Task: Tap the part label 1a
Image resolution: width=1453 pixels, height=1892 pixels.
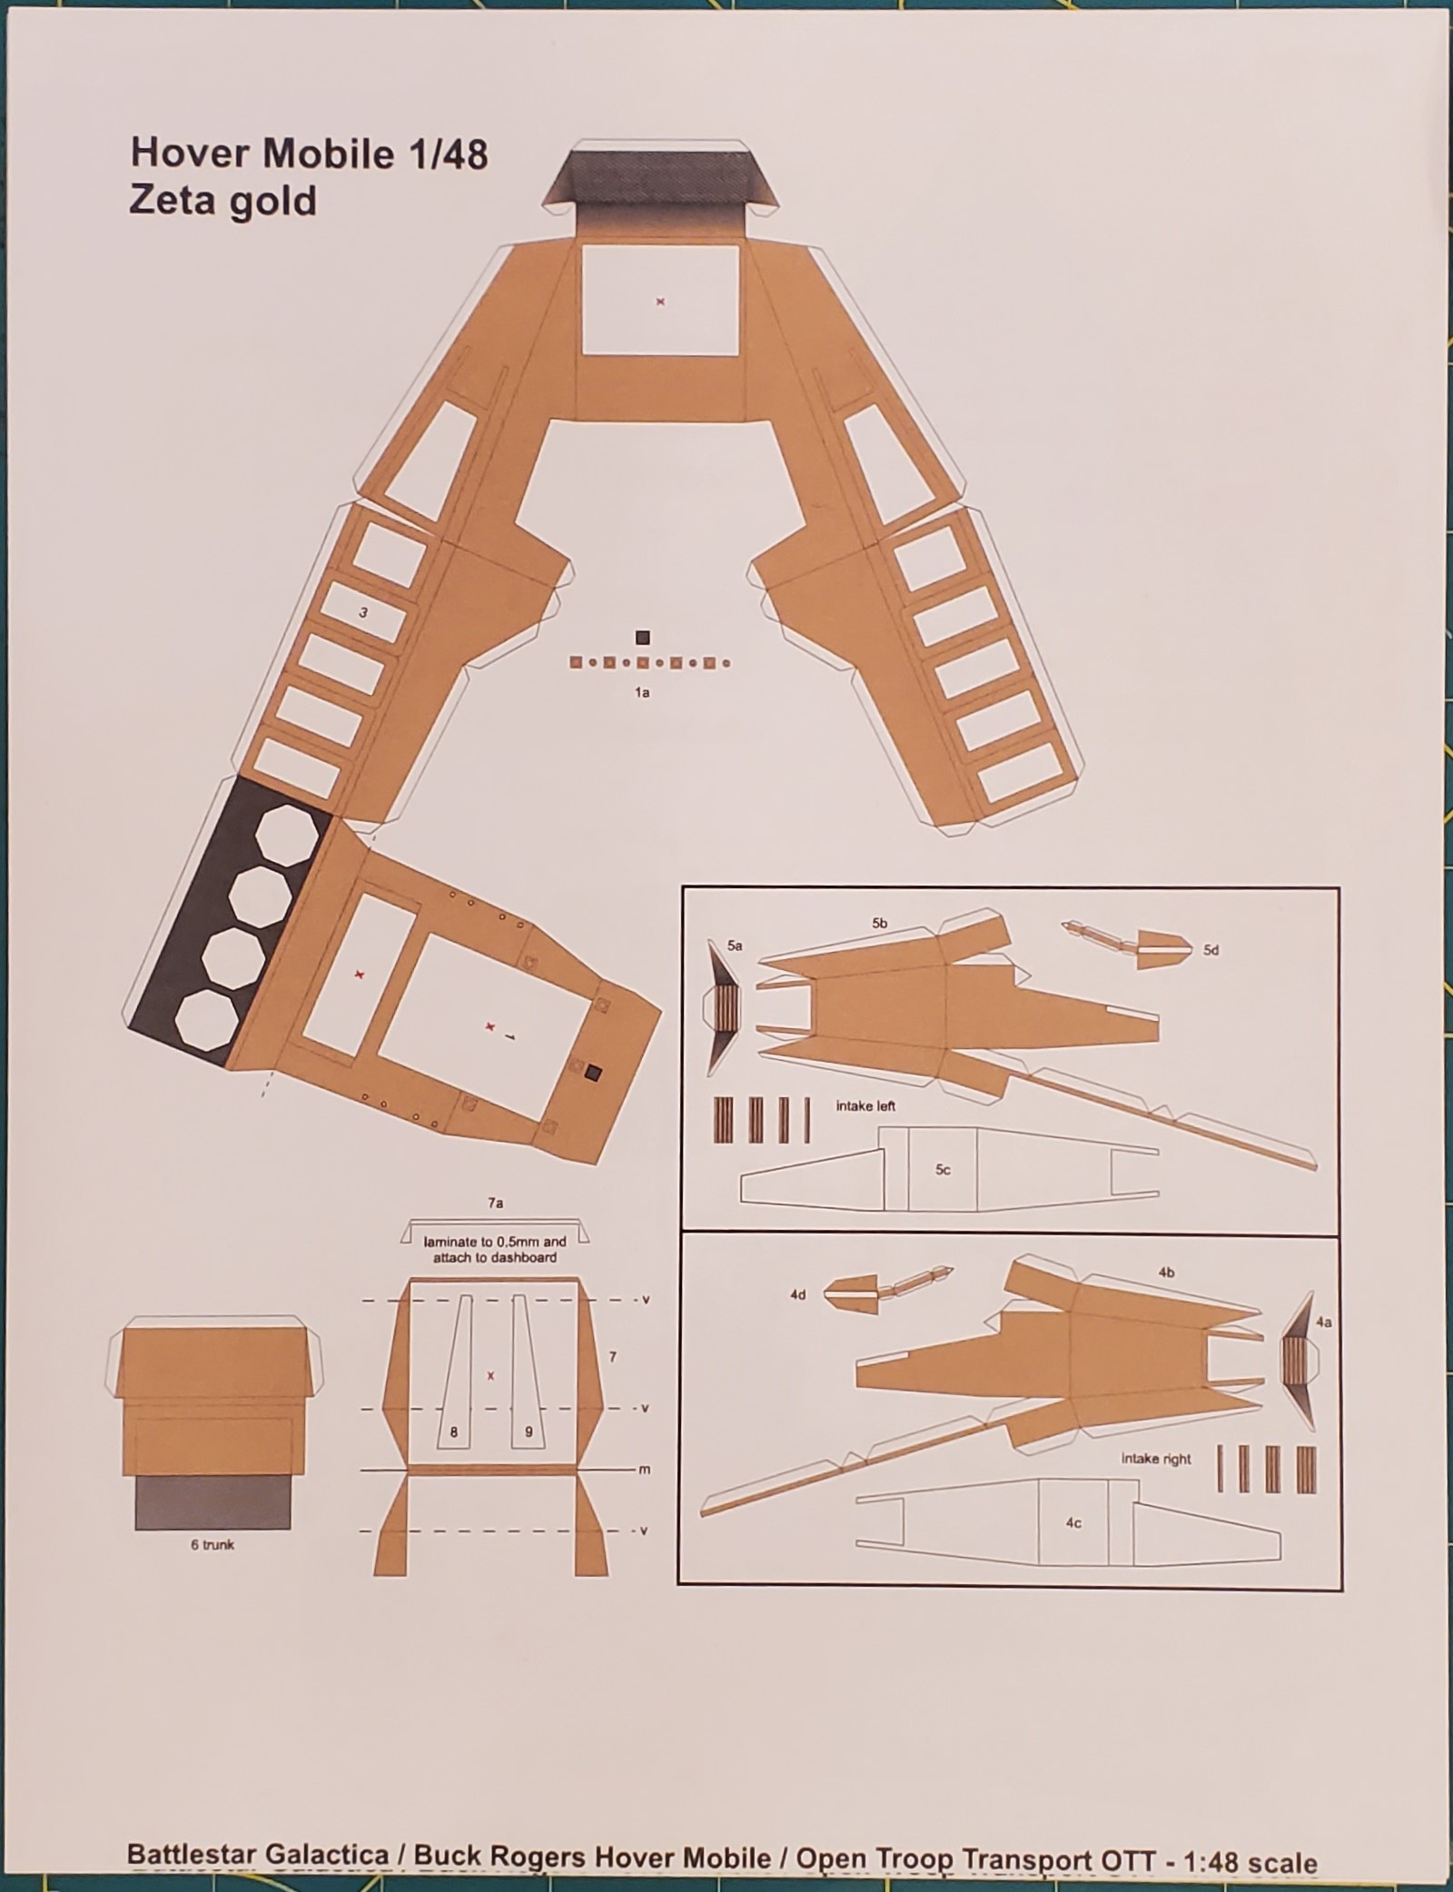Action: (x=642, y=693)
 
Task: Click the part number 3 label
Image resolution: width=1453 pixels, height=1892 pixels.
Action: (x=363, y=613)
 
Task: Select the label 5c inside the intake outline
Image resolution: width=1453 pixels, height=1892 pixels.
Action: (x=943, y=1170)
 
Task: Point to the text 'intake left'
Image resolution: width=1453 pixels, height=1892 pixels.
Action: (x=865, y=1106)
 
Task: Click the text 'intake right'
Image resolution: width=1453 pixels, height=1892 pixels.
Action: (x=1156, y=1459)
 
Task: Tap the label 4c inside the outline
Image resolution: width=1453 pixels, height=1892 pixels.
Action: (x=1073, y=1523)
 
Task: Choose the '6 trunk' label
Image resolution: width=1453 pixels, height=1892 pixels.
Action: (x=213, y=1544)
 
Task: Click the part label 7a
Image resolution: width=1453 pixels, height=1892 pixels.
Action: (x=495, y=1203)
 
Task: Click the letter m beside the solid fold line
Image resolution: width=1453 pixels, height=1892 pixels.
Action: (x=645, y=1470)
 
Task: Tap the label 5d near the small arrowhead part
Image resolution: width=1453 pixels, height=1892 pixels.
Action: (x=1211, y=950)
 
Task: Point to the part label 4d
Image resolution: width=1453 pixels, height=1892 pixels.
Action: (x=797, y=1294)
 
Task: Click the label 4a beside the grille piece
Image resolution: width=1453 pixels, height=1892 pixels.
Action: (x=1323, y=1322)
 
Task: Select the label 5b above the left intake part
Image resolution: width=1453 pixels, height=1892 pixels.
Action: (x=879, y=923)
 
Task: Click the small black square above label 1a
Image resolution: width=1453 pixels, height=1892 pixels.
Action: (x=642, y=638)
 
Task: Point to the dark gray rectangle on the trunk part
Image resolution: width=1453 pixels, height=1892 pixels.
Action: (x=213, y=1502)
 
